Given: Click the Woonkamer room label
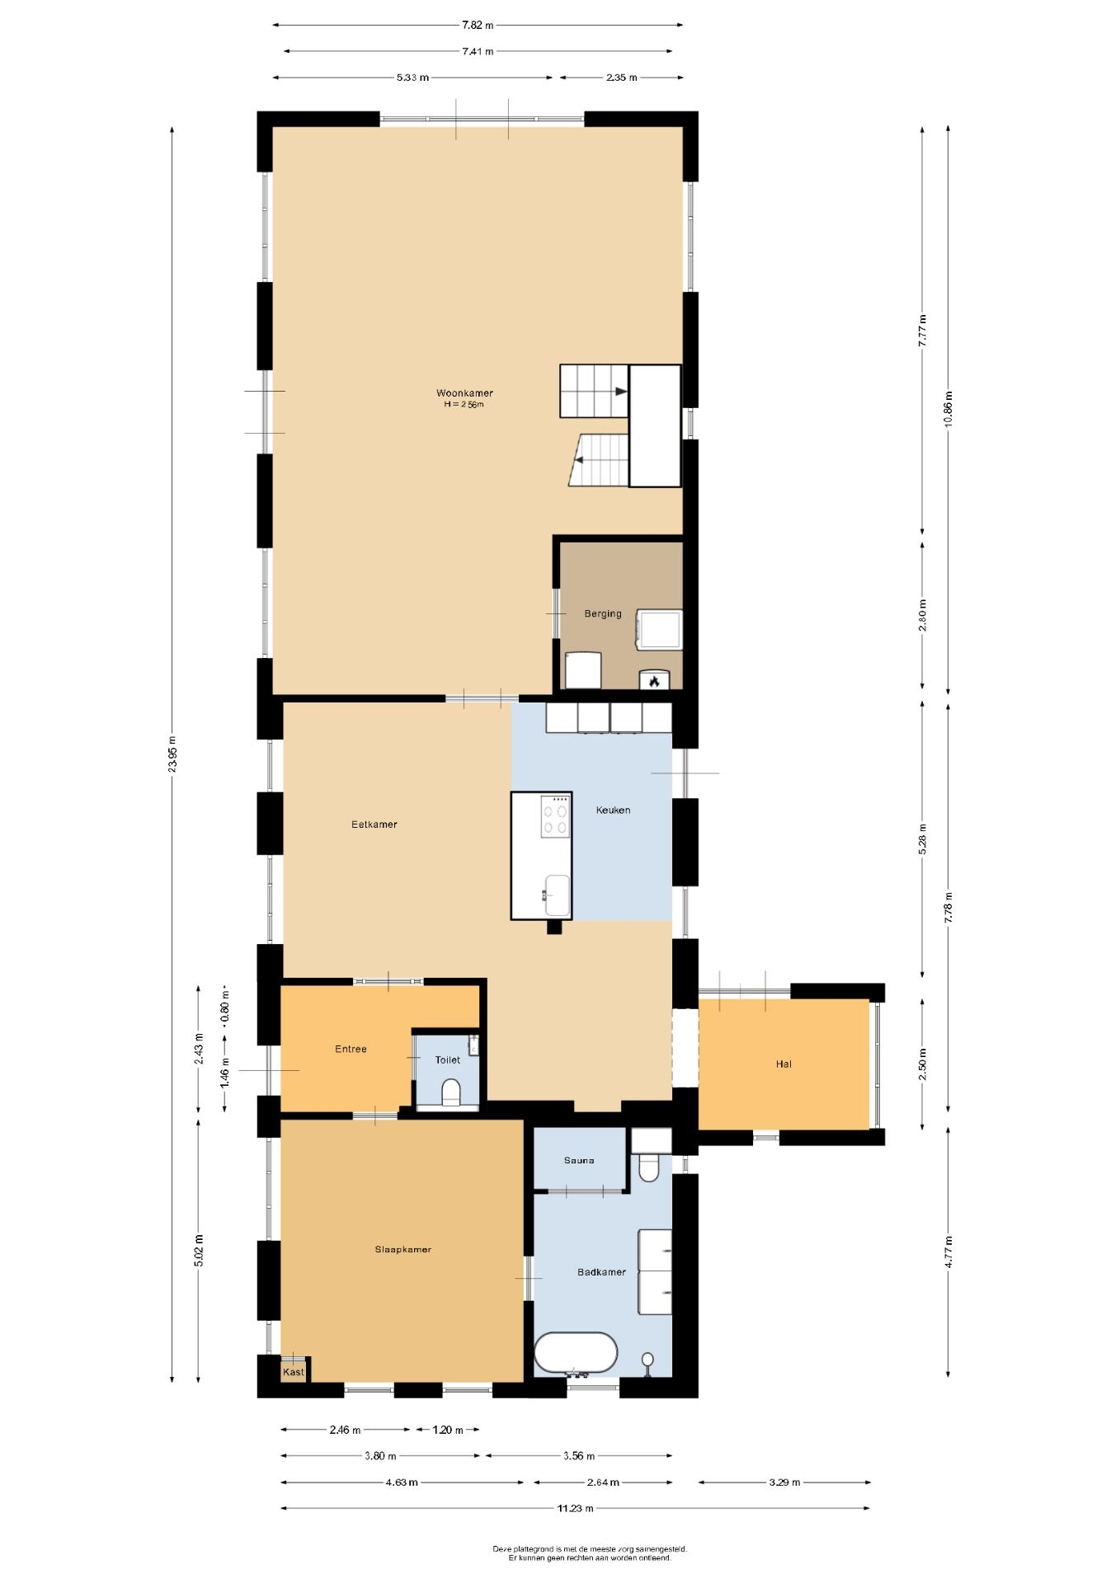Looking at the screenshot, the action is [464, 393].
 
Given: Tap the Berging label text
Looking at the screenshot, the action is [603, 613].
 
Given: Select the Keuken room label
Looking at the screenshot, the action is [613, 810].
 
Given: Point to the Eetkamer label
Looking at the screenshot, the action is [374, 824].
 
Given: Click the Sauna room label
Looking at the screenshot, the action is [579, 1160].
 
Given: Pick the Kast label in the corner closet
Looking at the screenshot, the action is [294, 1372].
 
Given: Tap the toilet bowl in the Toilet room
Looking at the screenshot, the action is [451, 1092].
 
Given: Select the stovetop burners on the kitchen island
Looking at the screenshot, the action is [555, 816].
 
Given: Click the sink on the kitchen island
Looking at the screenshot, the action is [556, 895].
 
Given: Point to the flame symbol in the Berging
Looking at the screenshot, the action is [654, 681].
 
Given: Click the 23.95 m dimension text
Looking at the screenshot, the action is [172, 754].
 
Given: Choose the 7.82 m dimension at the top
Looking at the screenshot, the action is [478, 25].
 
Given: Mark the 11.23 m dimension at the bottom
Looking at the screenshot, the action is [576, 1508].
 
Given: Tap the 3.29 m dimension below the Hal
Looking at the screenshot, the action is [784, 1482].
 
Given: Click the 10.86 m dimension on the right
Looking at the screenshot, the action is [948, 407].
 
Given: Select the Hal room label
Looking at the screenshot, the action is [784, 1064].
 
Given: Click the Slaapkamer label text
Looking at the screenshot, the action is [403, 1249].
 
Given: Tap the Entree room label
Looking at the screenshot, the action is [351, 1049].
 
